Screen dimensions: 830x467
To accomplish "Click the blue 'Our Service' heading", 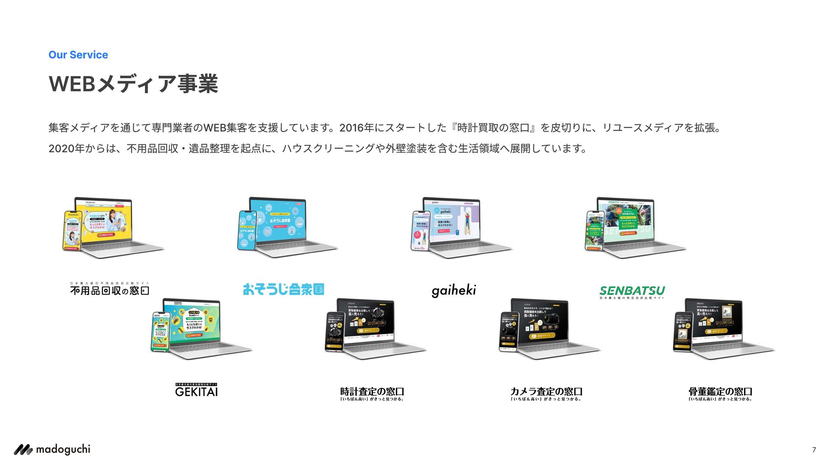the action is click(78, 55).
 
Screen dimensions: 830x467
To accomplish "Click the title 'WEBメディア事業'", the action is click(133, 84).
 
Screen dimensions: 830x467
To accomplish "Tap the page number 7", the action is click(814, 450).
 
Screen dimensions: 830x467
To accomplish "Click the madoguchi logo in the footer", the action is click(52, 450).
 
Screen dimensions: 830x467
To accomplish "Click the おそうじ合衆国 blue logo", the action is click(283, 289).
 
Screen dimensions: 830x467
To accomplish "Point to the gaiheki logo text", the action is click(453, 291).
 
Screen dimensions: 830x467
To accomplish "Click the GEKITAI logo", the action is click(196, 390).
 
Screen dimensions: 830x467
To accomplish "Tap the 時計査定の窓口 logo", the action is click(372, 393).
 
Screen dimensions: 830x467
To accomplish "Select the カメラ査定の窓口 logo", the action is click(546, 393).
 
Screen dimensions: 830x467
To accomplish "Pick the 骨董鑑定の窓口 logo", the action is click(720, 393).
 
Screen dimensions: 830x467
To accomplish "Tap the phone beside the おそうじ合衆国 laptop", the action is click(247, 230).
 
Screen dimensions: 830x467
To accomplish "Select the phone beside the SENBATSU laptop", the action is click(595, 231).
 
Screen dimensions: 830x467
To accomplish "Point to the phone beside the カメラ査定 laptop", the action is click(509, 332).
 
